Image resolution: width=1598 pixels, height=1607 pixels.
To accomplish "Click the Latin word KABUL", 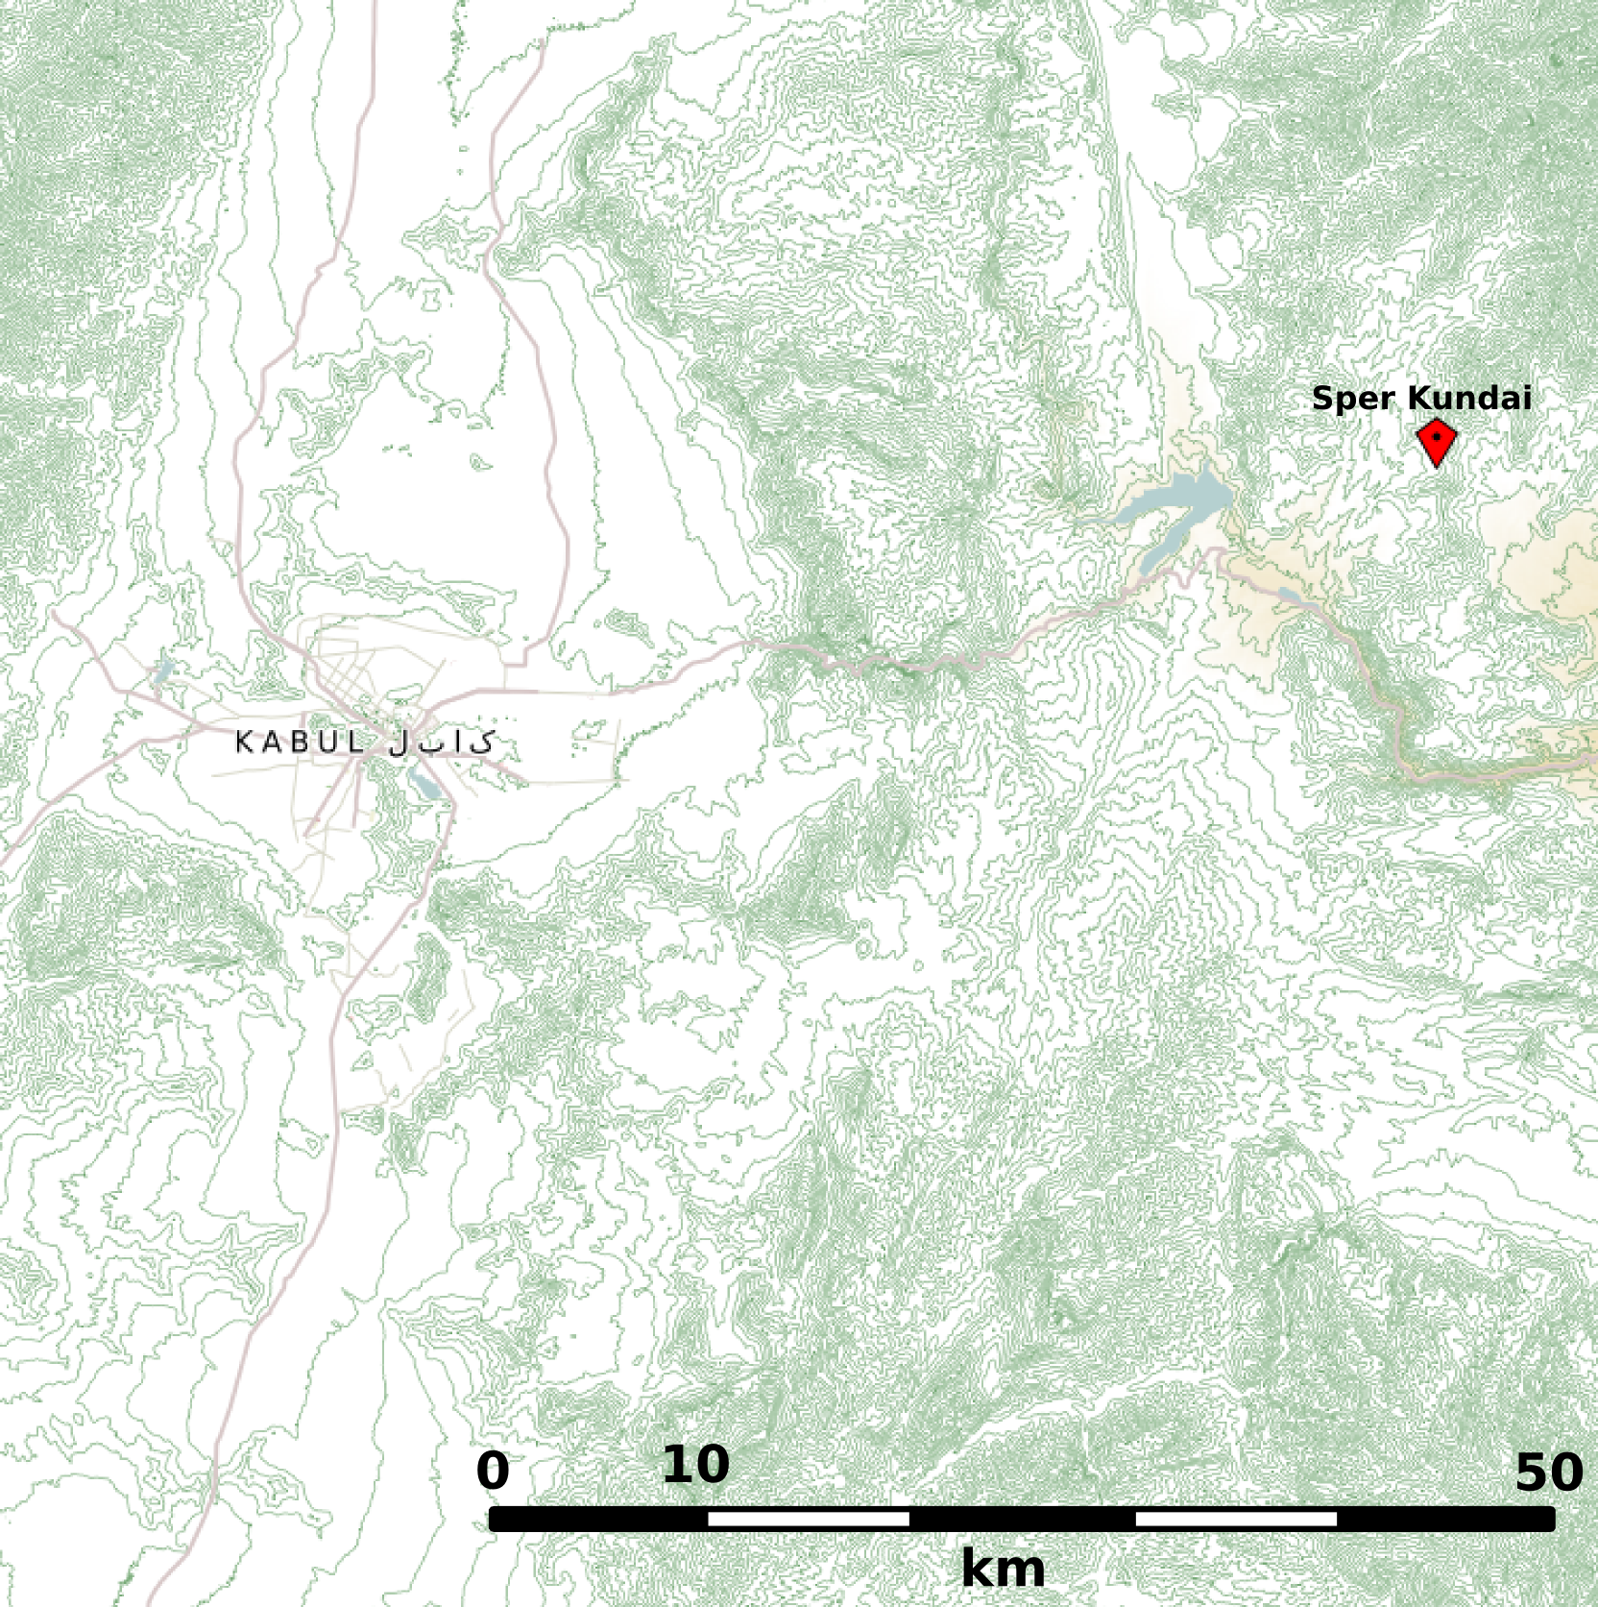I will tap(301, 743).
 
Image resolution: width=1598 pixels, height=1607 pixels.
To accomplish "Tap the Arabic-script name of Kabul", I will tap(443, 742).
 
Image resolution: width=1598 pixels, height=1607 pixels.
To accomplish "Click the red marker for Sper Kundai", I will tap(1436, 442).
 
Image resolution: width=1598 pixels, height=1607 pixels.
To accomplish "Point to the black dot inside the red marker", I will tap(1436, 436).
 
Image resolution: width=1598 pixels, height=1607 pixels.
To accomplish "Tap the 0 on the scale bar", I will tap(493, 1472).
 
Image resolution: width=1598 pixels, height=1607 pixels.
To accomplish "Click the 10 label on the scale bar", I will tap(695, 1466).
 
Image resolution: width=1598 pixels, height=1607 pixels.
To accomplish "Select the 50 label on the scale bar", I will tap(1548, 1473).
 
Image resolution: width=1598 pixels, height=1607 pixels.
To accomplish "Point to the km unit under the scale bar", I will tap(1003, 1570).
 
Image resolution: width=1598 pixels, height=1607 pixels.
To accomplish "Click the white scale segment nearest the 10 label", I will tap(808, 1519).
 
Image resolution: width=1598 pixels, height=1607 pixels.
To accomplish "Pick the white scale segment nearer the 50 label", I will tap(1236, 1519).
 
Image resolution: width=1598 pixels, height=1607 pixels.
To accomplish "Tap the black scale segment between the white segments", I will tap(1022, 1519).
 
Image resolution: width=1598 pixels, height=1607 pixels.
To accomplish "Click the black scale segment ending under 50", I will tap(1445, 1519).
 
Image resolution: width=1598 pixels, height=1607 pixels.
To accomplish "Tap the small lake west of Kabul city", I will tap(164, 669).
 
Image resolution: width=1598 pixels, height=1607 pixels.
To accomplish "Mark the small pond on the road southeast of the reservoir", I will tap(1289, 597).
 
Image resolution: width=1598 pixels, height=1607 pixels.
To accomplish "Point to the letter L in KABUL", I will tap(357, 743).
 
